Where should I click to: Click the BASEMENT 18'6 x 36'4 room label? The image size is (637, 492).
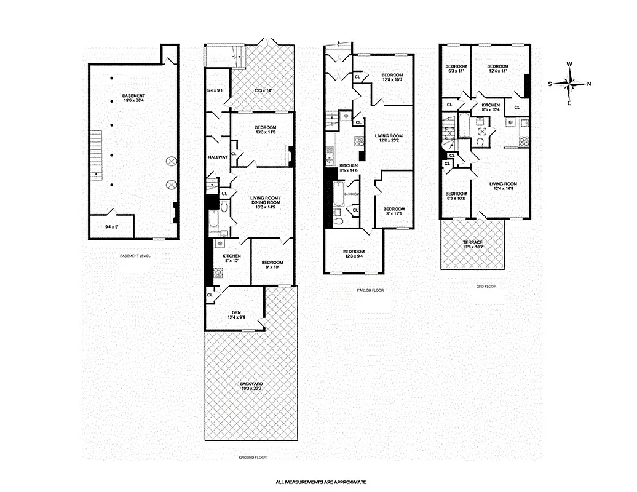tap(133, 98)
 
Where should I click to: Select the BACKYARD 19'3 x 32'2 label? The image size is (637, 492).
tap(251, 386)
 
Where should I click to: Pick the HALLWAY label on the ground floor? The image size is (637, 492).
tap(218, 157)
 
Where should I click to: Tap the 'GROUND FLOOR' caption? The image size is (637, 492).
tap(252, 458)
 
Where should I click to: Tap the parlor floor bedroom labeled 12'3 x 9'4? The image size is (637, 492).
tap(354, 254)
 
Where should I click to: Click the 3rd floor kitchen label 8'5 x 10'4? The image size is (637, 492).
tap(491, 108)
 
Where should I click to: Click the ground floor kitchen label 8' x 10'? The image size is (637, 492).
tap(231, 258)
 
